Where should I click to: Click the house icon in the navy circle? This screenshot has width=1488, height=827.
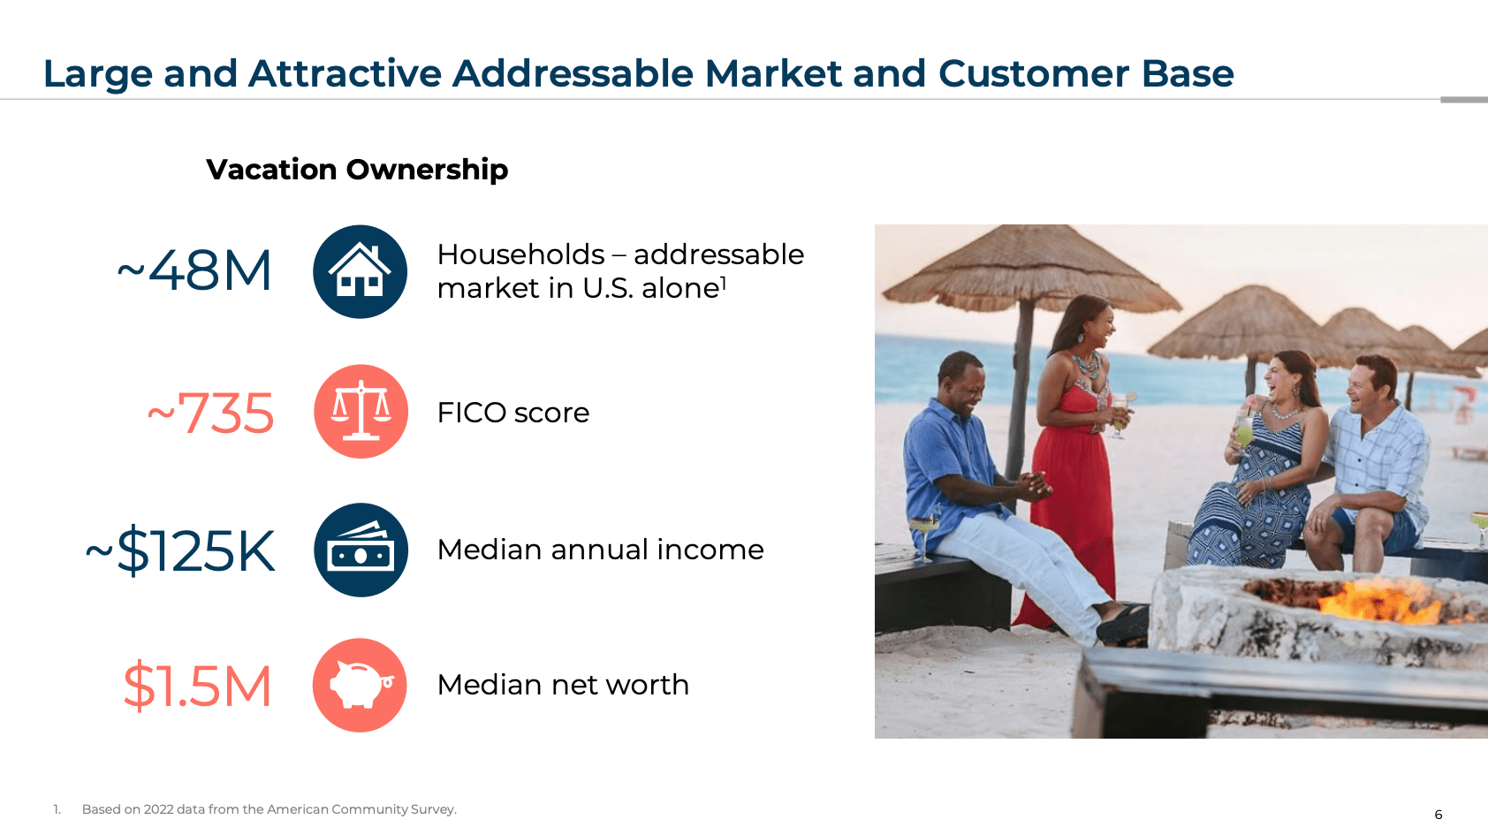tap(360, 272)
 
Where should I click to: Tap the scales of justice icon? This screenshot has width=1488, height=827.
tap(361, 412)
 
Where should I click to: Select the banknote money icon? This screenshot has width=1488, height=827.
tap(361, 550)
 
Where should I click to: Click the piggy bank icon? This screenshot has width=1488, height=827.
tap(360, 686)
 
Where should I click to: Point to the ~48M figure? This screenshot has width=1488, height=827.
tap(194, 270)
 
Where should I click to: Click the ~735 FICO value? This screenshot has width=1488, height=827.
tap(210, 413)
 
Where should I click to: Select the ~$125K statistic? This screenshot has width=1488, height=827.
tap(180, 550)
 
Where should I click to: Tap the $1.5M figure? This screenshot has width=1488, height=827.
tap(197, 687)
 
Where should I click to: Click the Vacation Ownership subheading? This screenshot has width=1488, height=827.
tap(357, 169)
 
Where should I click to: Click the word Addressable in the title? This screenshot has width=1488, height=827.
tap(573, 73)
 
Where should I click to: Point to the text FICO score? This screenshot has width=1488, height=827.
tap(512, 413)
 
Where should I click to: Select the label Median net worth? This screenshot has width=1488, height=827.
tap(563, 685)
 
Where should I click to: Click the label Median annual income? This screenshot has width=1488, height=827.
tap(600, 550)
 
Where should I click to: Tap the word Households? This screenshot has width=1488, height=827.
tap(520, 254)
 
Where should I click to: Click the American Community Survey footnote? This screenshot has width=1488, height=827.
tap(270, 809)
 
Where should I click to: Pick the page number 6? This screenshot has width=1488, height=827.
tap(1438, 815)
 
